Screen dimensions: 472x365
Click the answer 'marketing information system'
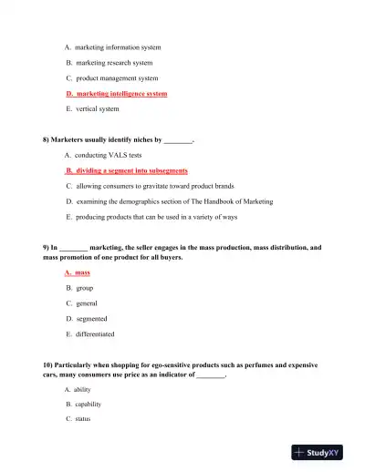pos(118,47)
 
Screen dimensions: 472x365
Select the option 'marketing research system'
pos(114,63)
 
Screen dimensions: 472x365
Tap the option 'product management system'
pos(117,78)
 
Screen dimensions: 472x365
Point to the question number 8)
pos(47,140)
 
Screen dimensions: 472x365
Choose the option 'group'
pos(85,288)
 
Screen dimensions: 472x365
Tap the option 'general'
pos(87,303)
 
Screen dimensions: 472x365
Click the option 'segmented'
pos(91,319)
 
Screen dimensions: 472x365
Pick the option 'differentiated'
pos(95,334)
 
